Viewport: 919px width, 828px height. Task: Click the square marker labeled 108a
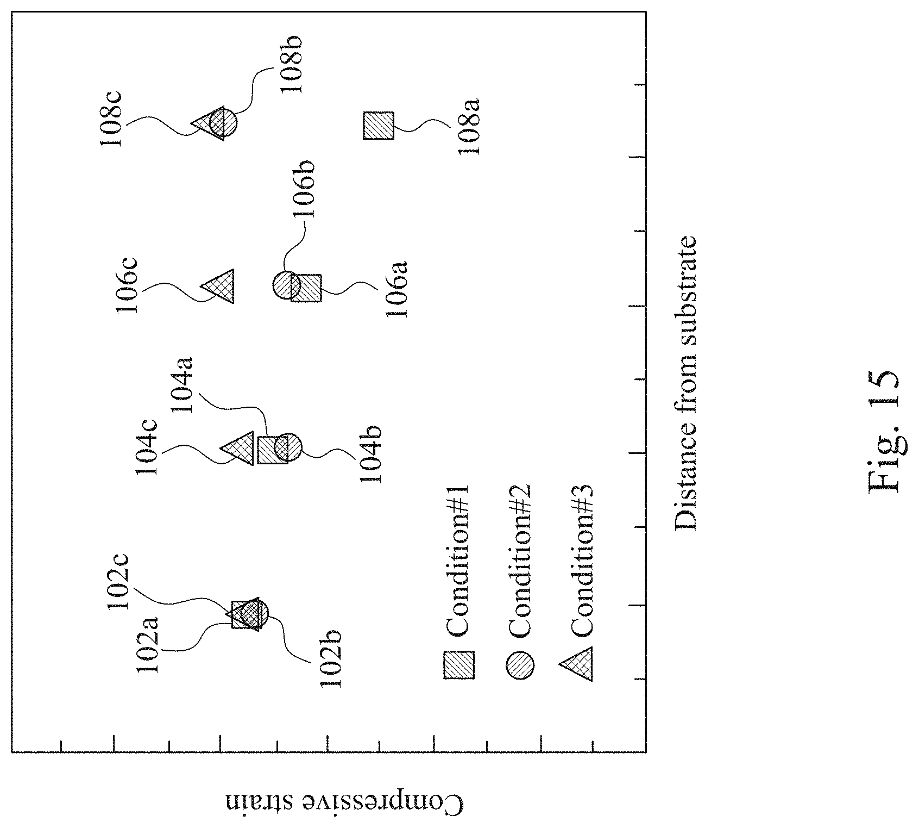(x=378, y=125)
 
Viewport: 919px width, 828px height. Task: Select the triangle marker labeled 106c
(x=221, y=286)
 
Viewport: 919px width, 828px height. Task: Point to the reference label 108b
(x=291, y=64)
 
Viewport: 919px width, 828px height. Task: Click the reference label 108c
(x=112, y=120)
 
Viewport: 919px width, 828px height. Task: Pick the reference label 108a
(x=468, y=126)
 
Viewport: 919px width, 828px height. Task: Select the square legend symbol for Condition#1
(x=459, y=664)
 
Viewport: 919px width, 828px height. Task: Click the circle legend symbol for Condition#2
(x=520, y=664)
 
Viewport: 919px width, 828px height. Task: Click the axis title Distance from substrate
(x=684, y=382)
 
